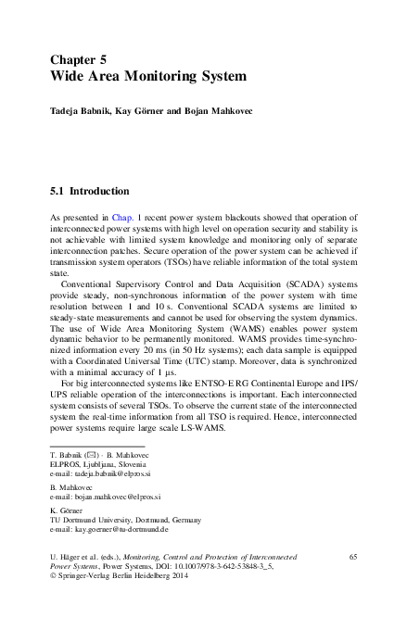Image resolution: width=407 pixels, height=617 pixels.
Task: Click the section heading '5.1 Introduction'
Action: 89,192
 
